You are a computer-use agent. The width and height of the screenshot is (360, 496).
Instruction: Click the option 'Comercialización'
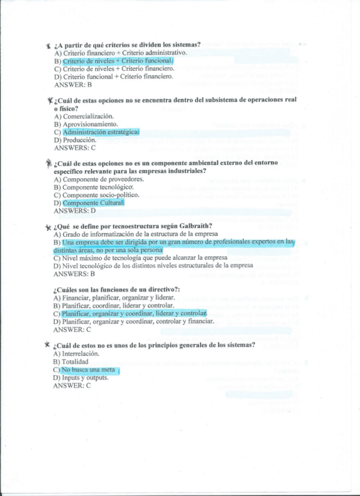point(88,116)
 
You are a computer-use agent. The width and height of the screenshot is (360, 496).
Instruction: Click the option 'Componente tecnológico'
point(93,187)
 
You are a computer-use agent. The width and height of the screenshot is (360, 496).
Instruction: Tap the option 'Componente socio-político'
point(96,195)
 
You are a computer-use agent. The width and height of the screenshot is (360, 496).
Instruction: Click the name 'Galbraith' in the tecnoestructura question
point(193,226)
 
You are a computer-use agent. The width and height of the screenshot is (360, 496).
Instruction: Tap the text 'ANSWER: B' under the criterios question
point(72,84)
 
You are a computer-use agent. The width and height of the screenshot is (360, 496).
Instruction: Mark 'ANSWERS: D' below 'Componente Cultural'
point(74,211)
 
